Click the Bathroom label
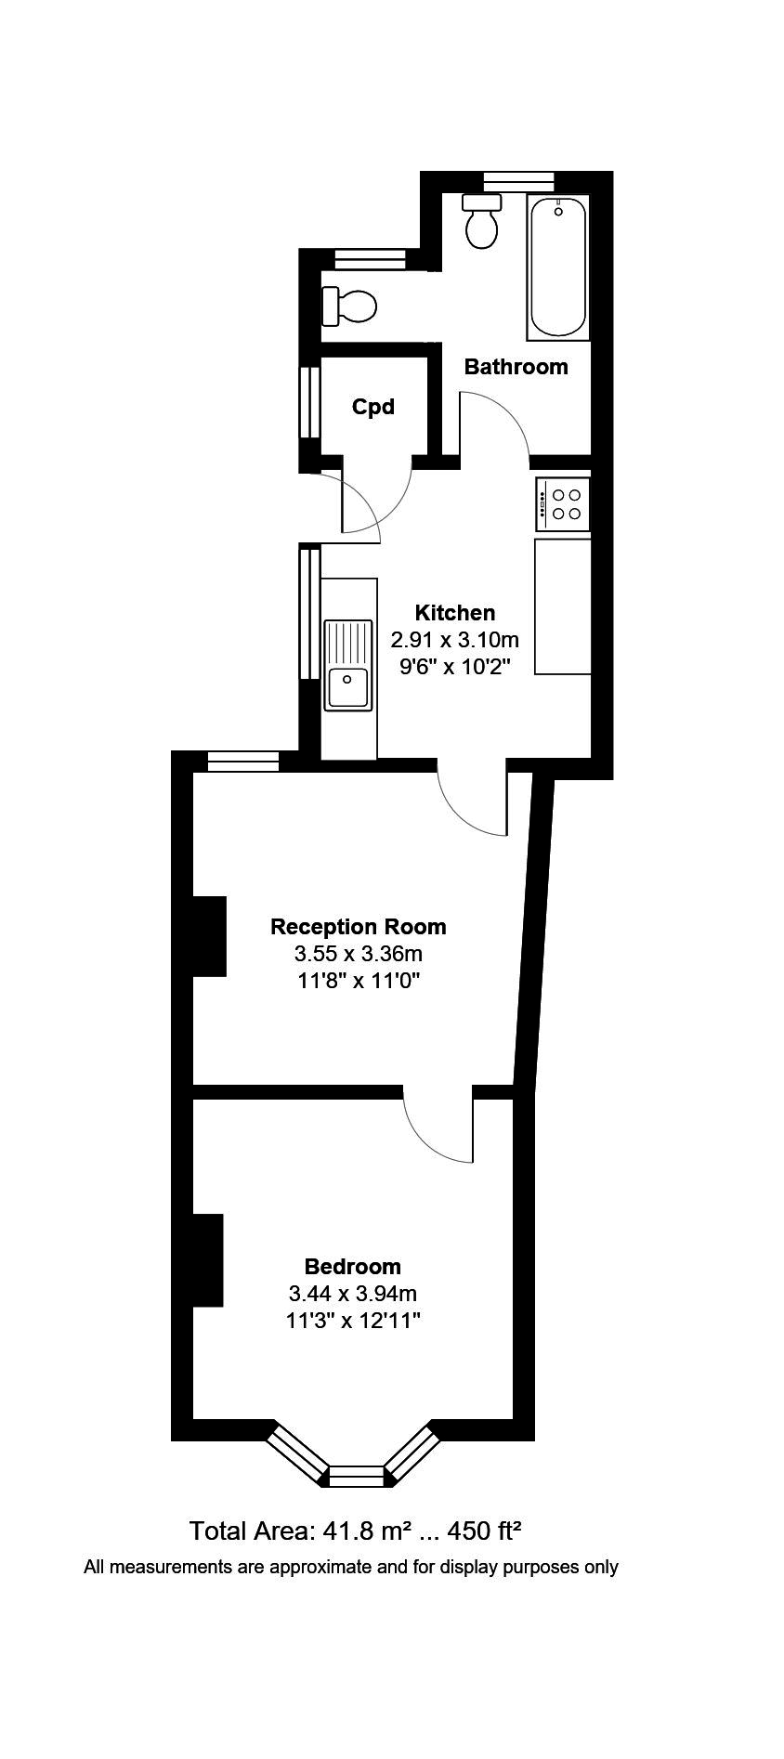tap(516, 367)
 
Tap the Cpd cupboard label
tap(372, 407)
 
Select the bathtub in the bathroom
tap(558, 267)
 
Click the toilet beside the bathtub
tap(481, 222)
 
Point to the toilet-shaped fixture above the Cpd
tap(350, 305)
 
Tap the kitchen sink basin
tap(347, 688)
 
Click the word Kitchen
tap(454, 613)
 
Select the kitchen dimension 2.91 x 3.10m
tap(454, 640)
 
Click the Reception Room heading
tap(358, 927)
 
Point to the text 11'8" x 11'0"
tap(358, 981)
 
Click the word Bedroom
tap(353, 1267)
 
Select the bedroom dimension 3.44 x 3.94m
tap(353, 1294)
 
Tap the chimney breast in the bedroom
tap(207, 1260)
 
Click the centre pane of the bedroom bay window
tap(357, 1476)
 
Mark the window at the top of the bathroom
tap(518, 180)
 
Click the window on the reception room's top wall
tap(242, 762)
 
